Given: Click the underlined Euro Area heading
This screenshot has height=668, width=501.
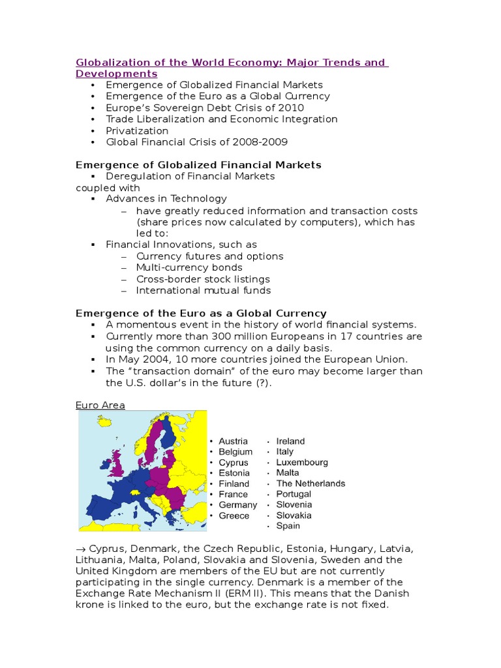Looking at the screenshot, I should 100,405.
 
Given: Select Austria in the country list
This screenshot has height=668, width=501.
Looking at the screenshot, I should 233,441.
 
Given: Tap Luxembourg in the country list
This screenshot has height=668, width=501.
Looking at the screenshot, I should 302,462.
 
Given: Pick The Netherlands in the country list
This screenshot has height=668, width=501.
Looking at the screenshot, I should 311,483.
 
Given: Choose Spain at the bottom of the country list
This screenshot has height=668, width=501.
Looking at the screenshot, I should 288,526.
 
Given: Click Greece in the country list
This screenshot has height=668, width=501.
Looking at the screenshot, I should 234,515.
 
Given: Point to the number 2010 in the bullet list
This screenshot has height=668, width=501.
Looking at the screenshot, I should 292,108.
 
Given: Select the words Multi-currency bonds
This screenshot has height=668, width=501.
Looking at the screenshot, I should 189,267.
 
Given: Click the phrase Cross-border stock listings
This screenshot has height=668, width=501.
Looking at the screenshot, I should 203,279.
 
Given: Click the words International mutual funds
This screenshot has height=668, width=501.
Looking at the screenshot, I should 204,290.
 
